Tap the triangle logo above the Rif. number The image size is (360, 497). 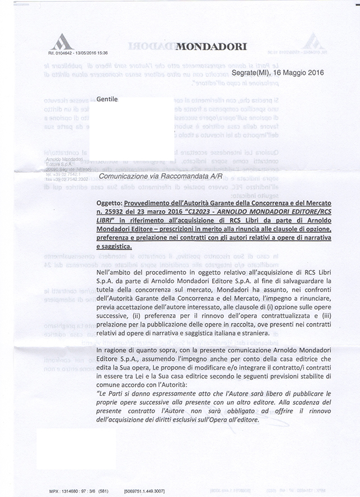point(62,41)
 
